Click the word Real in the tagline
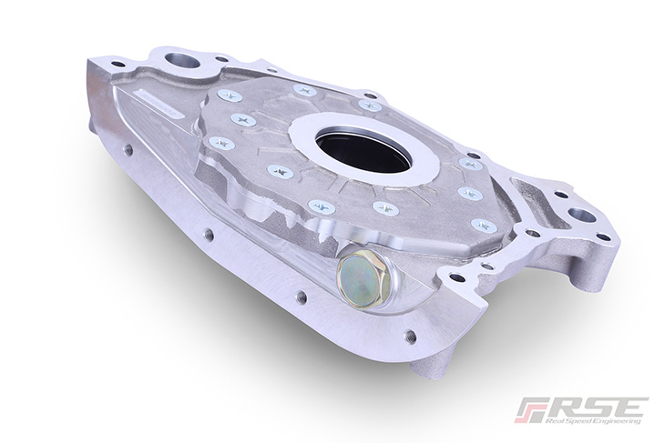pos(554,421)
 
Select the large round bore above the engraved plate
pos(183,62)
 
